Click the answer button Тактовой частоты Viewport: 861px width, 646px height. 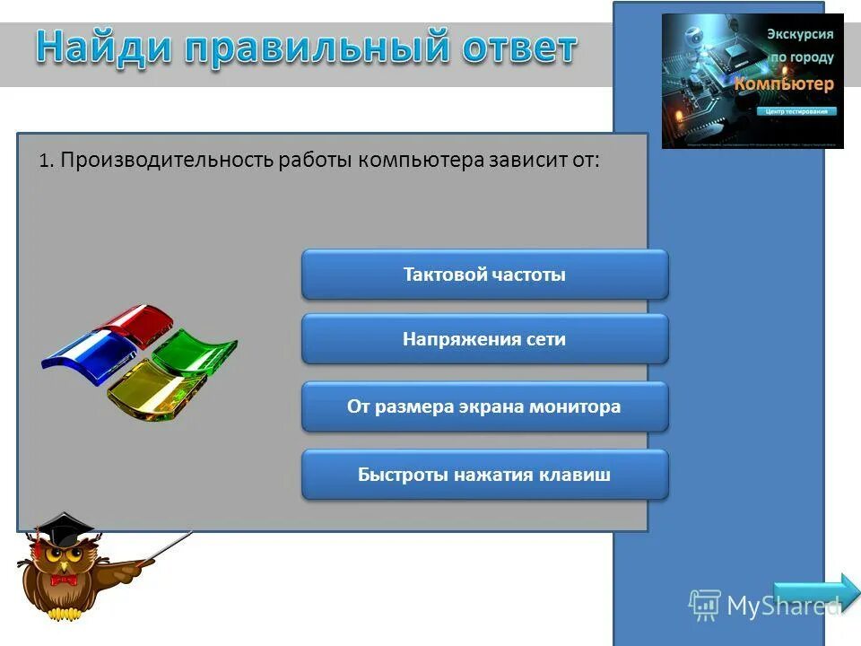point(484,275)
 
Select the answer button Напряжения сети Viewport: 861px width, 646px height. point(484,339)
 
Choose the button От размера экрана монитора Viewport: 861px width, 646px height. point(484,406)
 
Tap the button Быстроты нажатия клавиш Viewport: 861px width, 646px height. point(484,475)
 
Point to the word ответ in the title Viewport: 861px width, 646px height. point(516,47)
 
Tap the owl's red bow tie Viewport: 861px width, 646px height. point(64,580)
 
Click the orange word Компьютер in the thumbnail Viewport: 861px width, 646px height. point(785,83)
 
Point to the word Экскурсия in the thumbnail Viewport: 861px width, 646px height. point(799,34)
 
